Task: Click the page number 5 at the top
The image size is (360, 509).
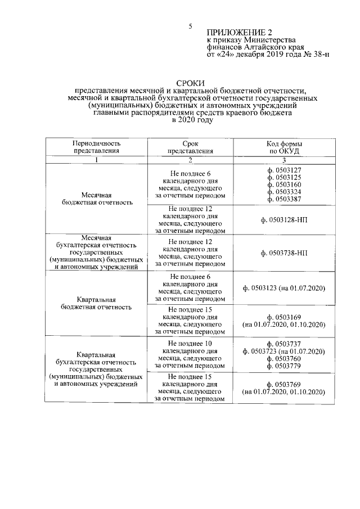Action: (190, 26)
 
